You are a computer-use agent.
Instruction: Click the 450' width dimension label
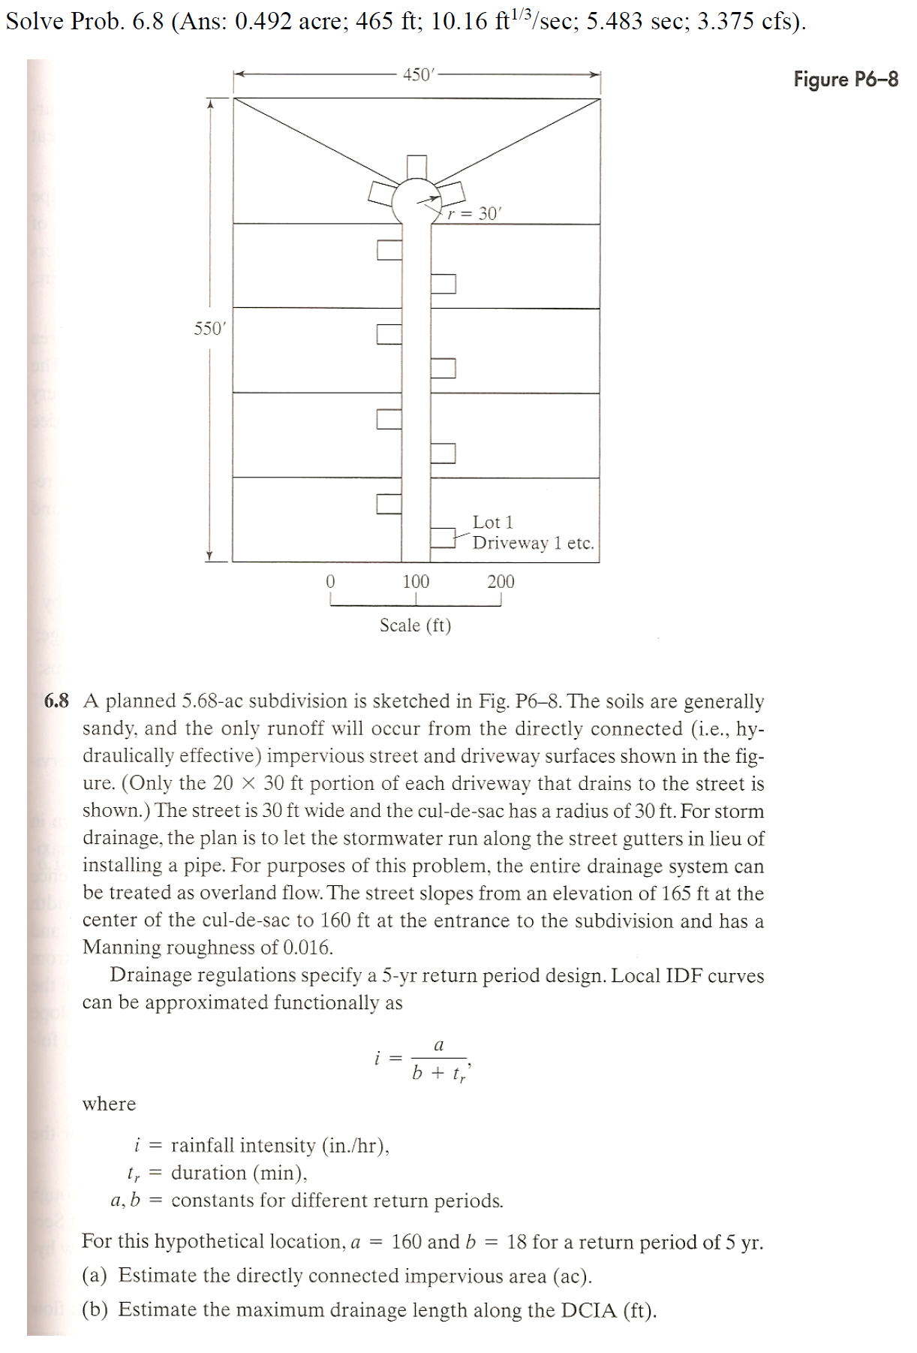418,74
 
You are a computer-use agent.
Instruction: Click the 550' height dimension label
209,329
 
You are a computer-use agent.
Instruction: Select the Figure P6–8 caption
846,80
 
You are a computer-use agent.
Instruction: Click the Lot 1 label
493,522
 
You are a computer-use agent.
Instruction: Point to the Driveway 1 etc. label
533,543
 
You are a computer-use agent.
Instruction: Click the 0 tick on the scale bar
329,582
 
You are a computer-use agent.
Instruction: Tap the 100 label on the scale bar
416,582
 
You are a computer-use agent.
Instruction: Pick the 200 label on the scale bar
501,582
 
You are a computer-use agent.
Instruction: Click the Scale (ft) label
415,625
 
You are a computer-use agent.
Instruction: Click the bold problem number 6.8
56,701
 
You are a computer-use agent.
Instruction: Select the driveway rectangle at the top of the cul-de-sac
416,166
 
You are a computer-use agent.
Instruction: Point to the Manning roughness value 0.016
308,948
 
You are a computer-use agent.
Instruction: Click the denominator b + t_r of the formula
439,1074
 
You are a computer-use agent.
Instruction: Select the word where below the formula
109,1104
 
